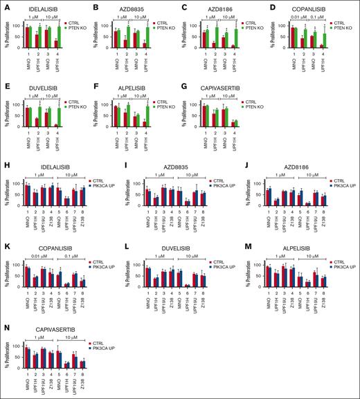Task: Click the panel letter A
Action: [x=4, y=4]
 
